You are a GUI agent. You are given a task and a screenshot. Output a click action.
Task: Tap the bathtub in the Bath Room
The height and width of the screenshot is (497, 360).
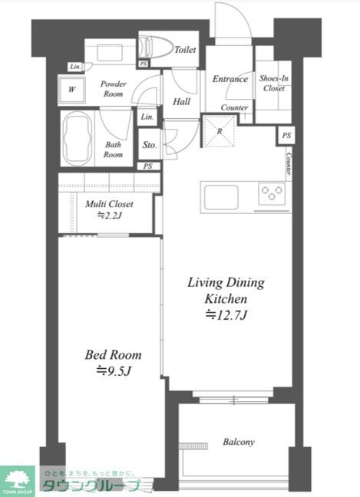pyautogui.click(x=78, y=138)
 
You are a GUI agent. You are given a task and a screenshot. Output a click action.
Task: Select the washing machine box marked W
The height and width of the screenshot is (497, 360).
pyautogui.click(x=72, y=90)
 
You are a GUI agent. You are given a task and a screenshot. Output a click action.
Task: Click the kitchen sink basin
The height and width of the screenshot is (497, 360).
pyautogui.click(x=221, y=197)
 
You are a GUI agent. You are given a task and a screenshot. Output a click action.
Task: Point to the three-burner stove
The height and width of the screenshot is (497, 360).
pyautogui.click(x=272, y=193)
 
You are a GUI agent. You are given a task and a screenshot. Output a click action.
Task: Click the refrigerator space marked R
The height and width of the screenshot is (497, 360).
pyautogui.click(x=220, y=131)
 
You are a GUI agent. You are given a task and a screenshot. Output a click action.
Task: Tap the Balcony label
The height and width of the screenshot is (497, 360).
pyautogui.click(x=239, y=442)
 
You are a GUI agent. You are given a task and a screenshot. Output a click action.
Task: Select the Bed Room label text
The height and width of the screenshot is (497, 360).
pyautogui.click(x=114, y=354)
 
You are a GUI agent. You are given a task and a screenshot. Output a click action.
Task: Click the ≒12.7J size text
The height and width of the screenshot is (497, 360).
pyautogui.click(x=226, y=315)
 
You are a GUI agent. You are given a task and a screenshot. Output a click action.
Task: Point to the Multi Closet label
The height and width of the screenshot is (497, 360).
pyautogui.click(x=109, y=204)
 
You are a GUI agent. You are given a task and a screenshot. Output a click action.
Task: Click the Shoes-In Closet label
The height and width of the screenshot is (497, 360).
pyautogui.click(x=274, y=83)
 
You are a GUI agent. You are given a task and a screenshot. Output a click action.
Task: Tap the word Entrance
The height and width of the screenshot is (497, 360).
pyautogui.click(x=230, y=78)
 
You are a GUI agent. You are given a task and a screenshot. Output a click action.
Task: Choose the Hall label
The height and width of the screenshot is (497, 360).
pyautogui.click(x=181, y=102)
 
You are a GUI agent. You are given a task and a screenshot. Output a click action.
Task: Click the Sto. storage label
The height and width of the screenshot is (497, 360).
pyautogui.click(x=150, y=145)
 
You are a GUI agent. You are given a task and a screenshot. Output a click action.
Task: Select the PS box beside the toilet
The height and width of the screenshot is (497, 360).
pyautogui.click(x=144, y=64)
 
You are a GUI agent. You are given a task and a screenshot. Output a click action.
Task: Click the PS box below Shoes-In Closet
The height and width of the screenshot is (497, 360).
pyautogui.click(x=286, y=136)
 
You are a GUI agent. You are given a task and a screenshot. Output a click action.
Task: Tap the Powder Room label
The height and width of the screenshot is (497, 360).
pyautogui.click(x=114, y=89)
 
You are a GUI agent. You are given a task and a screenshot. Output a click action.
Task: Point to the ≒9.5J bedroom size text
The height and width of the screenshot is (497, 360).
pyautogui.click(x=114, y=370)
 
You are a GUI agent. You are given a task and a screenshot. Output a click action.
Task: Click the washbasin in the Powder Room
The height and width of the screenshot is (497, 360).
pyautogui.click(x=110, y=52)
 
